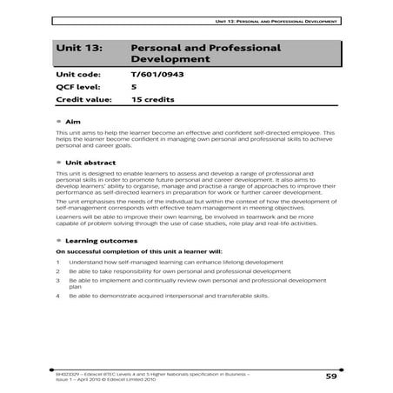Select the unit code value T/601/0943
click(x=157, y=77)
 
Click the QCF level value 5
click(x=133, y=88)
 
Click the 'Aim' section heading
click(x=72, y=121)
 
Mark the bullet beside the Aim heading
click(x=57, y=121)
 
